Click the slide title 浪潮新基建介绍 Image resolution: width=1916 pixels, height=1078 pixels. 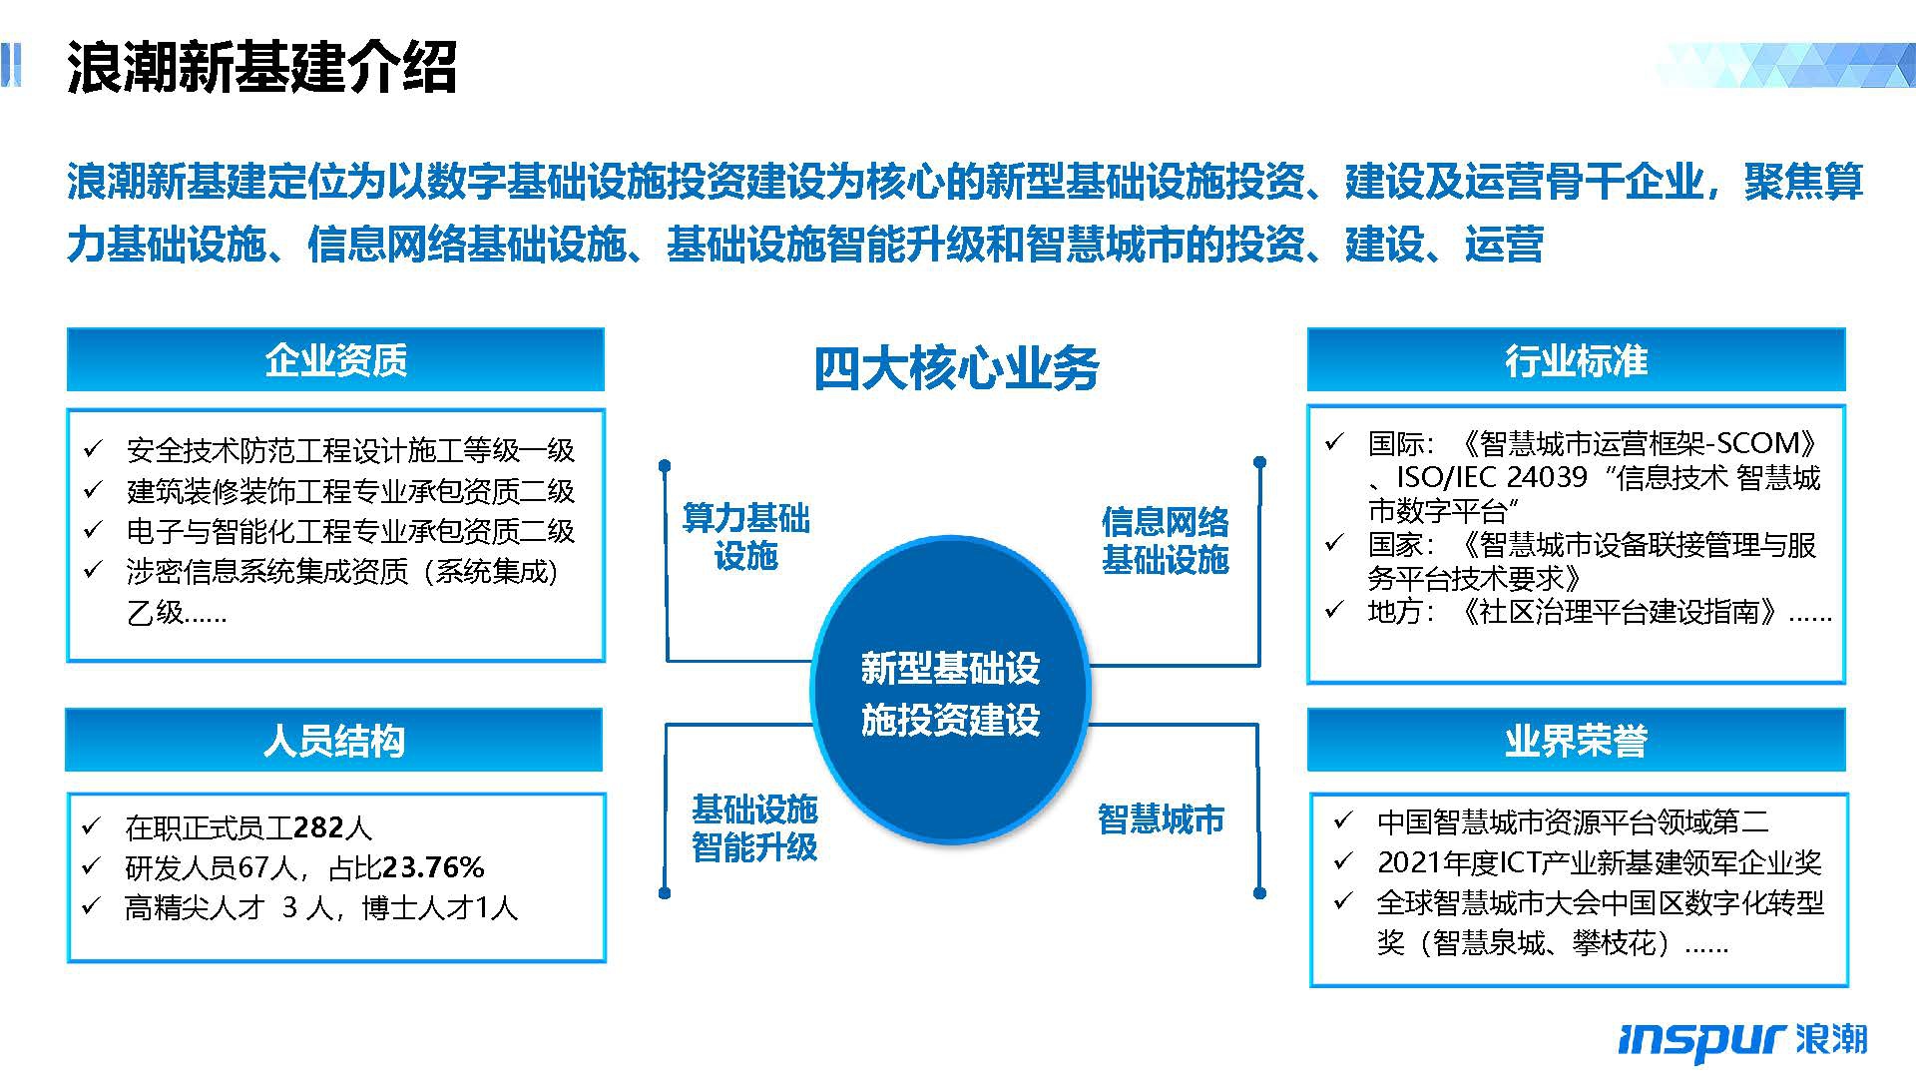point(261,67)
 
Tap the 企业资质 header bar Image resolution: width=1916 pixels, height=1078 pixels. point(335,359)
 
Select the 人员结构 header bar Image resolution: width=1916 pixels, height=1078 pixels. point(334,740)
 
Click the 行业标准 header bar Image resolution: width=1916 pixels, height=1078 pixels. point(1576,359)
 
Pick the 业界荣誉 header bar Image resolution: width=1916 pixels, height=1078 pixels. point(1576,740)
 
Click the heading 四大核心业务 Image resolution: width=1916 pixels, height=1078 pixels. point(956,368)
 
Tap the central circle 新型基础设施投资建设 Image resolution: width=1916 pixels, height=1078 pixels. point(950,691)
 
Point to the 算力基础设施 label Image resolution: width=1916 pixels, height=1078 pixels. point(745,537)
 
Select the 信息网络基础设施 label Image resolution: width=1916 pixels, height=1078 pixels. point(1165,541)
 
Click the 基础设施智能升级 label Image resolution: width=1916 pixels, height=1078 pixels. point(754,827)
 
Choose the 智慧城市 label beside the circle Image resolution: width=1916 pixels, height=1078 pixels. point(1161,819)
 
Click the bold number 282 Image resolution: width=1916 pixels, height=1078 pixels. point(317,827)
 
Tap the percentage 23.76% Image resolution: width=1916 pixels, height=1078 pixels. point(433,867)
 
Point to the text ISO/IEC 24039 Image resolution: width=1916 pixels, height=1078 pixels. point(1491,477)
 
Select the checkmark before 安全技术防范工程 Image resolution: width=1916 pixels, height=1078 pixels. point(93,449)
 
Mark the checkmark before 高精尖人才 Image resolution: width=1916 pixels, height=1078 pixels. point(93,906)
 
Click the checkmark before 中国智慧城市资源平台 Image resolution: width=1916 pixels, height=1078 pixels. point(1343,820)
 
